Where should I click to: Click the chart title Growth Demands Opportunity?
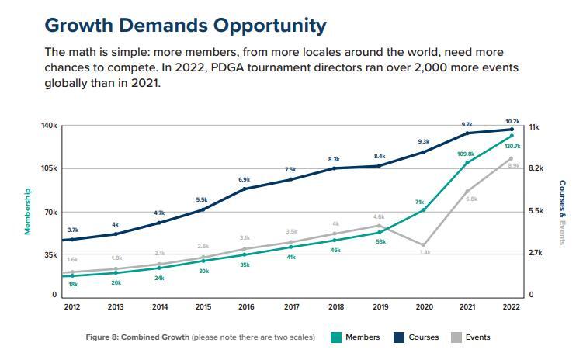[186, 25]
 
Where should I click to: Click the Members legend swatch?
[336, 337]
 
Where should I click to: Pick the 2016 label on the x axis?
[245, 307]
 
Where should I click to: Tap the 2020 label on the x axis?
[423, 307]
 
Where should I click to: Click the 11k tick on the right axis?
[534, 126]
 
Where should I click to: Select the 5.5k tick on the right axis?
[536, 211]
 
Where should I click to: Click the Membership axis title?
[27, 211]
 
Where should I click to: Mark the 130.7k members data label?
[512, 146]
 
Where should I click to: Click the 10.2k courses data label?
[512, 121]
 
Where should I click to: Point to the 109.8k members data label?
[466, 154]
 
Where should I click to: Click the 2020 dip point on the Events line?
[423, 245]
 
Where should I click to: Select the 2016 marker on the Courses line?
[245, 189]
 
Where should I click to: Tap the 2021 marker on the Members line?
[467, 162]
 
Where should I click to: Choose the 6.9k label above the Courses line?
[245, 179]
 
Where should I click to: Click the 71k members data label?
[419, 202]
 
